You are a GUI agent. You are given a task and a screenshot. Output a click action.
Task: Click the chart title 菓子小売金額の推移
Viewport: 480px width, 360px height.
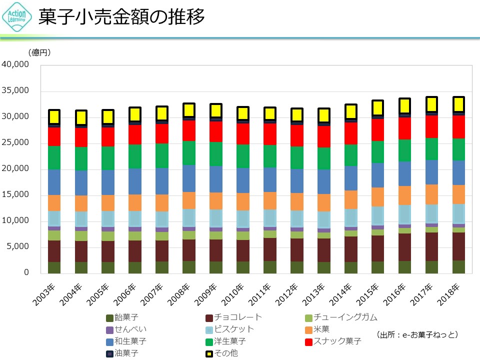click(x=122, y=17)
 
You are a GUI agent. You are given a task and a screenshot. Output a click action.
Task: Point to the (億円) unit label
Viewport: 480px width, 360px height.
click(x=39, y=52)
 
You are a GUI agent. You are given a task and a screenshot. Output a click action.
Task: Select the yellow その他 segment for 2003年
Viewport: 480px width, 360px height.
click(x=54, y=117)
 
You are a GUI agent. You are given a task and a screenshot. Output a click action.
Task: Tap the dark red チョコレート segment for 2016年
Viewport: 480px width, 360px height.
click(x=404, y=247)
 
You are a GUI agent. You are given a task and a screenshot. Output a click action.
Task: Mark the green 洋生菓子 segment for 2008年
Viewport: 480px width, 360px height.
click(x=189, y=153)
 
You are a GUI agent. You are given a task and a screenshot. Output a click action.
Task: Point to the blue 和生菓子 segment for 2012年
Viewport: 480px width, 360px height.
click(x=296, y=181)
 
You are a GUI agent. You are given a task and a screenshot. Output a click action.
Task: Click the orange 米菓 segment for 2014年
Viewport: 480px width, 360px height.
click(x=350, y=199)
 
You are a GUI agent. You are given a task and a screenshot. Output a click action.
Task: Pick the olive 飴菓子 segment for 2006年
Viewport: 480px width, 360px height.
click(x=135, y=267)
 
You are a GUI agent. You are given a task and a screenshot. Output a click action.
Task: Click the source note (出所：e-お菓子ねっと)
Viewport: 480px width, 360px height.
click(x=417, y=334)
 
